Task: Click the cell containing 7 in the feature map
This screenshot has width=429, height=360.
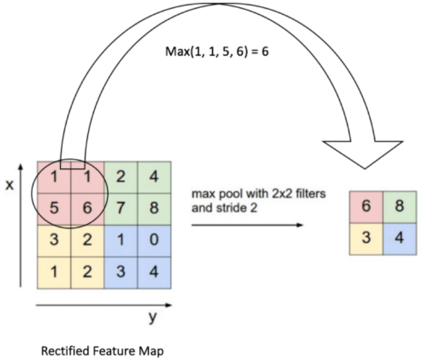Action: click(x=121, y=208)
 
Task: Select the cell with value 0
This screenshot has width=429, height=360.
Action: click(x=154, y=240)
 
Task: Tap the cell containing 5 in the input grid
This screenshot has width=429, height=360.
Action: click(x=54, y=208)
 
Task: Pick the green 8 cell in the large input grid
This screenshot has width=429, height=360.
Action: click(x=154, y=208)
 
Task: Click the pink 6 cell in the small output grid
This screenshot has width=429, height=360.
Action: click(x=366, y=206)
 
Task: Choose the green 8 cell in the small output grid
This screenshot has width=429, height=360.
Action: click(x=399, y=206)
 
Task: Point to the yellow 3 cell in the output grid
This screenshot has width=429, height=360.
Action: click(x=366, y=238)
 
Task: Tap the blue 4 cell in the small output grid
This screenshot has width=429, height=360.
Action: click(x=399, y=238)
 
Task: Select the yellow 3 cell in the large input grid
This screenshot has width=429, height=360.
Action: click(x=54, y=240)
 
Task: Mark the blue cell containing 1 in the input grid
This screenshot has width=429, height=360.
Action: click(x=121, y=240)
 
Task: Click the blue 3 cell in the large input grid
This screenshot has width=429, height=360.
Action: click(x=121, y=272)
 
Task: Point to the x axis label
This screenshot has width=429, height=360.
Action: click(x=9, y=185)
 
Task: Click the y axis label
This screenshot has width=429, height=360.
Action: click(x=151, y=317)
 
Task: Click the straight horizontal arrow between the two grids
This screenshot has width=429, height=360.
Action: click(x=245, y=224)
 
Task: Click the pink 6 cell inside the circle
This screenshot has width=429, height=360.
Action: click(x=87, y=208)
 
